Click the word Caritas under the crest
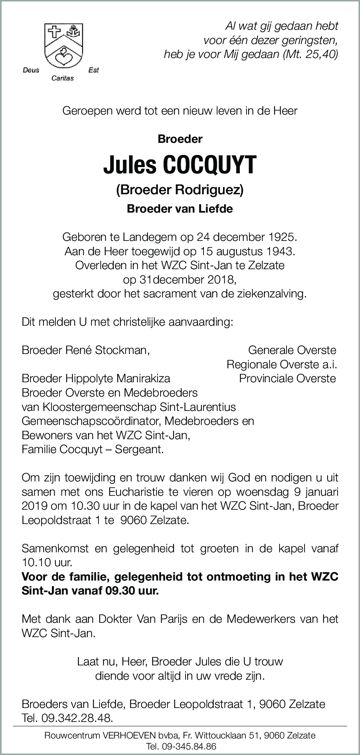point(62,78)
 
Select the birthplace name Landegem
point(138,237)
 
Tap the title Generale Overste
point(292,350)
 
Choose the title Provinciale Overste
point(287,378)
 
